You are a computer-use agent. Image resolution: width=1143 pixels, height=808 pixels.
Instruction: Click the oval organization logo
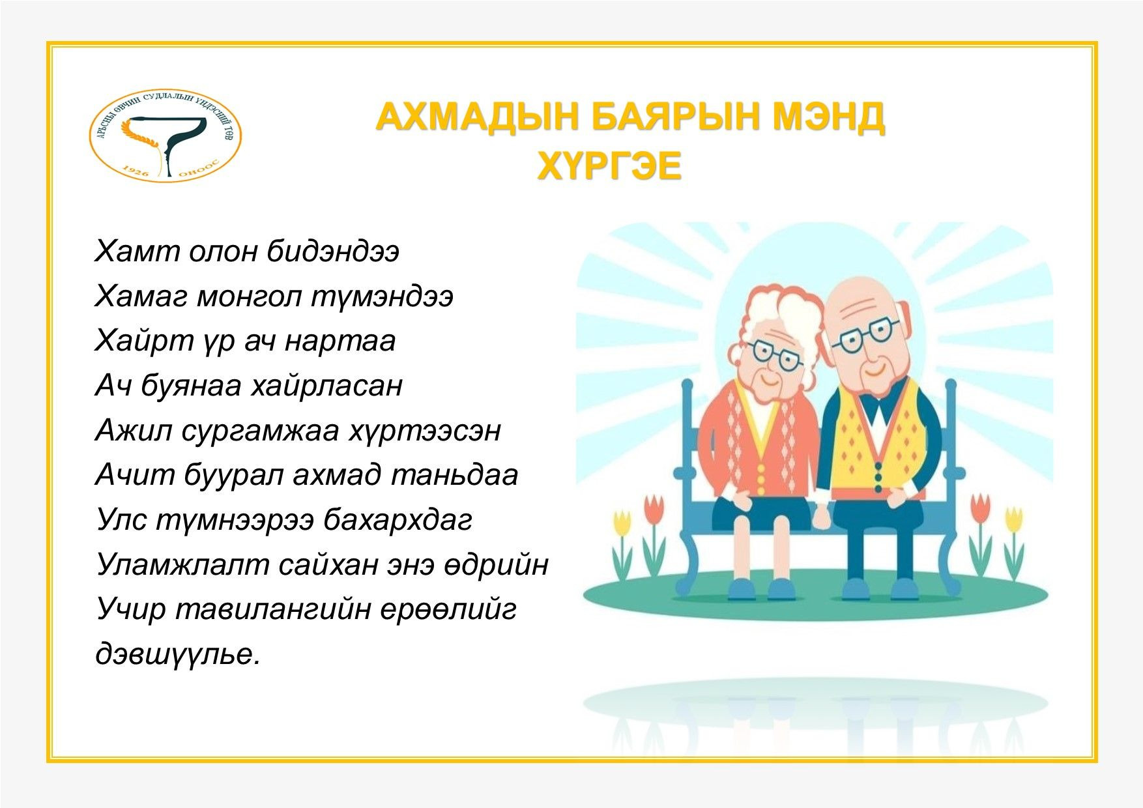[x=165, y=136]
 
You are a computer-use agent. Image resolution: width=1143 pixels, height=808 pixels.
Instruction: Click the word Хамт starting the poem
[x=136, y=252]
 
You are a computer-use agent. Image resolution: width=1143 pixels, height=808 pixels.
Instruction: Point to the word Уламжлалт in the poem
[x=182, y=565]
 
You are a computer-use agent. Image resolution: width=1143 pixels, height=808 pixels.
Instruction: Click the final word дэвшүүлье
[x=178, y=654]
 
